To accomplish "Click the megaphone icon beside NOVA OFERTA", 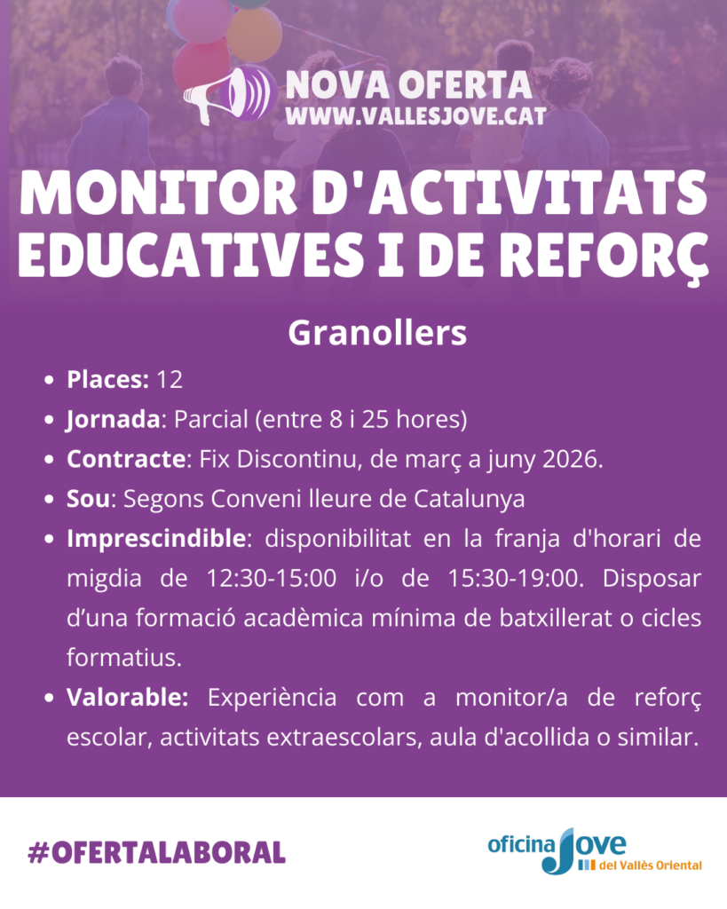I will point(228,94).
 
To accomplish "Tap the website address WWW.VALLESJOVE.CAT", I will point(415,115).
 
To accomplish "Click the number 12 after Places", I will point(169,379).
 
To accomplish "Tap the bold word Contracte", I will point(127,459).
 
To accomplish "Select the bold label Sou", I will point(87,499).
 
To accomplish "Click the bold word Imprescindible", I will point(155,539).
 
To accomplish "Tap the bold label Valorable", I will point(128,698).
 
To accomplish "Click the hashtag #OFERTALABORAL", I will point(157,853).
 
